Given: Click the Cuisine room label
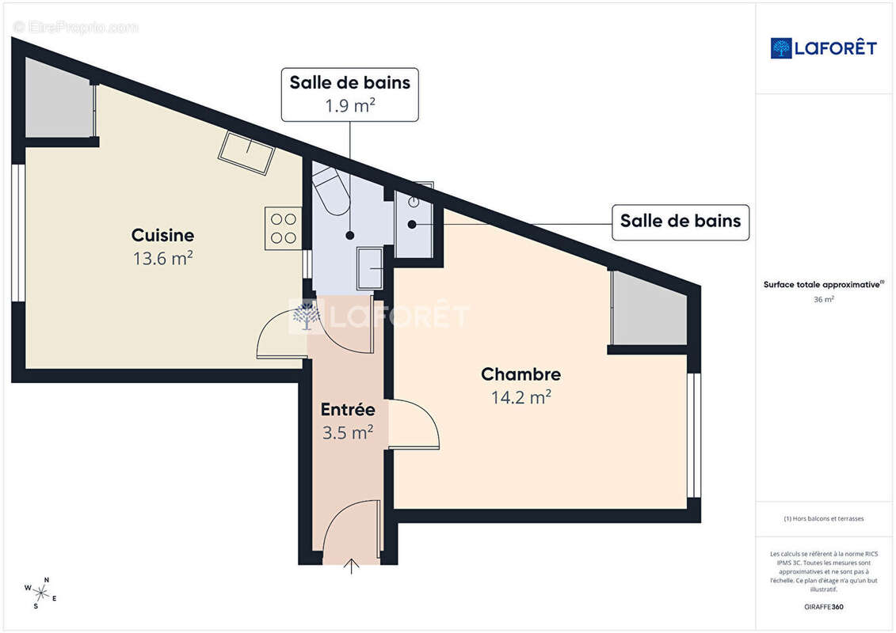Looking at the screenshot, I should (162, 235).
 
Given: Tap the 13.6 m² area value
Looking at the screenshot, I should (162, 258).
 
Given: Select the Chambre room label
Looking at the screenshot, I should (520, 374).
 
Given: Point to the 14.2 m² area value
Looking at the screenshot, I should (520, 397).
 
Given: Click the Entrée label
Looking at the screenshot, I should (347, 410).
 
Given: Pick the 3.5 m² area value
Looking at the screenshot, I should (347, 433).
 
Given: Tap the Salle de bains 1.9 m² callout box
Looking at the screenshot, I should (349, 94).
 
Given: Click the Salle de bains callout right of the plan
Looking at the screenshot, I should (680, 222).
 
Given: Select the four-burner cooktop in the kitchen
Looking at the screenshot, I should (283, 228).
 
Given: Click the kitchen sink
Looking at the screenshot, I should (246, 152).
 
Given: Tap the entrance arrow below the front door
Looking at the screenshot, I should (352, 566).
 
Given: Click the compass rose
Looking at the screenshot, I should (41, 592).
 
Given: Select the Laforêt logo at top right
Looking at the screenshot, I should (823, 48).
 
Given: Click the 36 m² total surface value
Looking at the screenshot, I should (824, 300).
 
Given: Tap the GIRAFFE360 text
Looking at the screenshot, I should (824, 607).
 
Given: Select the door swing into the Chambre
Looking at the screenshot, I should (415, 425).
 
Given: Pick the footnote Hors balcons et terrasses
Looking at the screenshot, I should (824, 519).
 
